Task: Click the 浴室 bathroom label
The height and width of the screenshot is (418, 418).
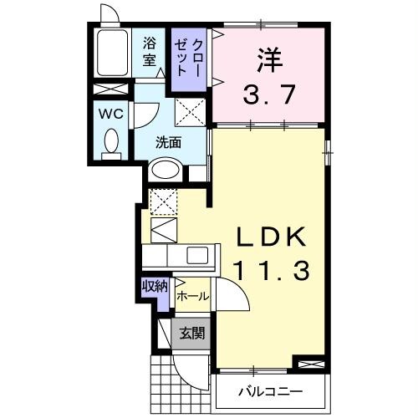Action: [150, 51]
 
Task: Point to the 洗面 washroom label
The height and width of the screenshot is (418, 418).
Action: [169, 142]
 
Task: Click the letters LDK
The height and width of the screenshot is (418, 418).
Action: [268, 236]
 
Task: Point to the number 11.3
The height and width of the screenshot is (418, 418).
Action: [268, 270]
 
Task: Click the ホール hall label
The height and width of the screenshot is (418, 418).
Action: [192, 296]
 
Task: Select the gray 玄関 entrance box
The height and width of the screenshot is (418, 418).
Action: [191, 333]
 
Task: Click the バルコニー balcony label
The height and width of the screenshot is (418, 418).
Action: [268, 390]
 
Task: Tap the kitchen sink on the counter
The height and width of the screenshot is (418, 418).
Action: [198, 257]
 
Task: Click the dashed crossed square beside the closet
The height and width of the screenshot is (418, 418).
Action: [189, 110]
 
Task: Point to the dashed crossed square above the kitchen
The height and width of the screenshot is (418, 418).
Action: [163, 201]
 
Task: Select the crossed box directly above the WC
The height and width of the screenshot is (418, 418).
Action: [110, 89]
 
